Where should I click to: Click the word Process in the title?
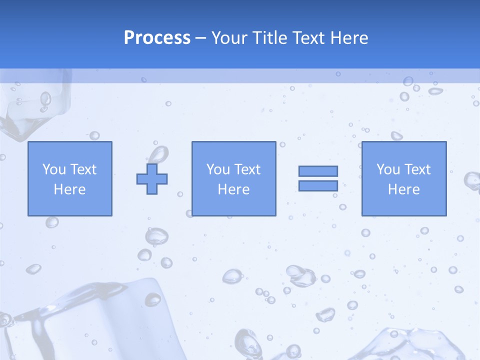[x=157, y=38]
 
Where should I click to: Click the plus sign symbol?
[x=152, y=178]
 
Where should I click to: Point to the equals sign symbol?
[x=318, y=178]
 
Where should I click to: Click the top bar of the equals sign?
[x=318, y=171]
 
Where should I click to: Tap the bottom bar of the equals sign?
[x=318, y=185]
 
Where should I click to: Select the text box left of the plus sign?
[x=69, y=178]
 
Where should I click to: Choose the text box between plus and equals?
[x=233, y=178]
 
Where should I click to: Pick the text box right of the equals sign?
[x=403, y=178]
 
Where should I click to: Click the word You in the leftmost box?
[x=54, y=169]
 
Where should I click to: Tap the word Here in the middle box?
[x=233, y=189]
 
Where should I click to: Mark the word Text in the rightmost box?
[x=417, y=169]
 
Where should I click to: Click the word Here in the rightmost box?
[x=403, y=189]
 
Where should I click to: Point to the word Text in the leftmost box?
[x=83, y=169]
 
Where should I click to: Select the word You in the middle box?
[x=218, y=169]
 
